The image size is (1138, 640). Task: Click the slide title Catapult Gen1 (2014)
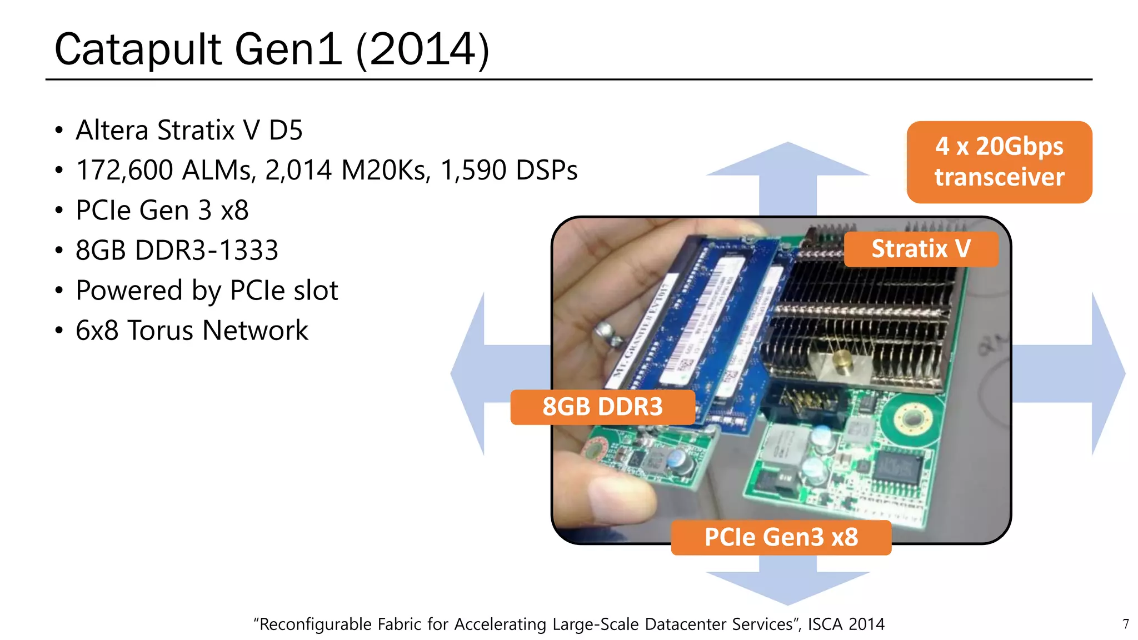pos(272,49)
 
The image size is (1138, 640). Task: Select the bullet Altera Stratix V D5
pos(189,131)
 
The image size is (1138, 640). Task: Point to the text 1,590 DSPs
pos(508,170)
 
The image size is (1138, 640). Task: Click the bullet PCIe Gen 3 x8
pos(162,211)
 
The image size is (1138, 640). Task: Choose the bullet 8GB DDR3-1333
pos(177,251)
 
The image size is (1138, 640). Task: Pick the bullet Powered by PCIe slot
pos(207,291)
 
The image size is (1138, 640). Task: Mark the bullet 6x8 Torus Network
pos(192,331)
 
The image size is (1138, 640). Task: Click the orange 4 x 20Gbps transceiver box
pos(999,162)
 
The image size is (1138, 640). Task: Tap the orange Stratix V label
pos(921,249)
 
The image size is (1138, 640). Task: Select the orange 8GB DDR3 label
pos(602,407)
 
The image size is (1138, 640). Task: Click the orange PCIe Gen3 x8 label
pos(781,537)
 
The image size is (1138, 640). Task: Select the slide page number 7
pos(1126,624)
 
